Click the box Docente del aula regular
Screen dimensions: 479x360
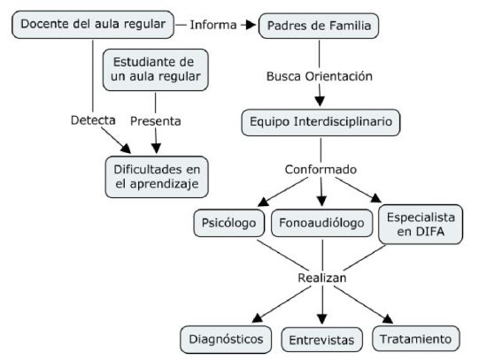(x=93, y=25)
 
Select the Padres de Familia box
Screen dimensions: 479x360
(x=319, y=26)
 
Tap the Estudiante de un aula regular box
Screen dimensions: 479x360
(x=156, y=70)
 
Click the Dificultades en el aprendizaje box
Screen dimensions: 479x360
(x=157, y=177)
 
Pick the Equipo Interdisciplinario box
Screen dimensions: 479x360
(x=321, y=122)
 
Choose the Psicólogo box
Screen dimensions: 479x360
(x=228, y=223)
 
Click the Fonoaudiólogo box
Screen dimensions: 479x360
(x=321, y=223)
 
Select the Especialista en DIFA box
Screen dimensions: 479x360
(x=421, y=225)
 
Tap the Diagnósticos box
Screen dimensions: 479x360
(x=226, y=340)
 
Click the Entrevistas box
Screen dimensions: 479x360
(x=321, y=340)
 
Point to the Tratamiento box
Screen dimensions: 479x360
(x=416, y=339)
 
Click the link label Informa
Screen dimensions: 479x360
(x=213, y=25)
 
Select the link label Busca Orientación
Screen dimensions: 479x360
(x=320, y=76)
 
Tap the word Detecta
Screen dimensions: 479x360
(x=93, y=120)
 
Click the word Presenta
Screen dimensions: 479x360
(x=156, y=121)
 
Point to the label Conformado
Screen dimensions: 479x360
(x=321, y=170)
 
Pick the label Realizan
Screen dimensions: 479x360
(x=322, y=278)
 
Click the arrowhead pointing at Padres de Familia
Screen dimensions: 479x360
(x=251, y=25)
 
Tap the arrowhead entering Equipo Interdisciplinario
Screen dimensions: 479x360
(x=320, y=102)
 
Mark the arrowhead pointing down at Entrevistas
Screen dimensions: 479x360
(x=322, y=319)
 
